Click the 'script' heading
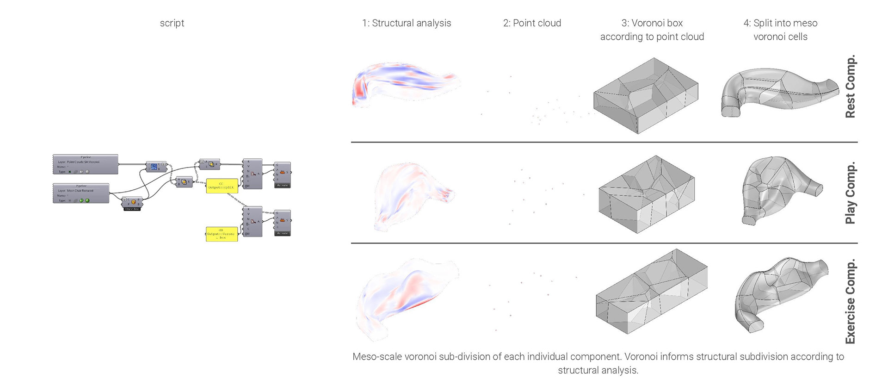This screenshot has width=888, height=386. (x=172, y=23)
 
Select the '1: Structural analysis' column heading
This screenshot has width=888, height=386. (x=406, y=23)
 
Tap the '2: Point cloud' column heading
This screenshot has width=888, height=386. (x=532, y=23)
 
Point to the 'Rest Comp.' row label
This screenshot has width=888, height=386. (x=850, y=87)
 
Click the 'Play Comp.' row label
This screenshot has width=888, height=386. (x=850, y=193)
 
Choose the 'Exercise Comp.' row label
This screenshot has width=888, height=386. (x=850, y=301)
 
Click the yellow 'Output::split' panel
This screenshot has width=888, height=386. (x=222, y=186)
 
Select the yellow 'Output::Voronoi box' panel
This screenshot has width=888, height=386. (x=222, y=234)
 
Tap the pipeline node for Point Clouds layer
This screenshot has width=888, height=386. (x=86, y=164)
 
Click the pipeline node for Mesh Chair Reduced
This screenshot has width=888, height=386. (x=81, y=193)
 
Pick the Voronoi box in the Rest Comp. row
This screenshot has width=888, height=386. (x=645, y=96)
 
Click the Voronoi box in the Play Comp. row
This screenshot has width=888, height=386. (x=646, y=194)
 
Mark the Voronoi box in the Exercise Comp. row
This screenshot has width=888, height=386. (x=651, y=292)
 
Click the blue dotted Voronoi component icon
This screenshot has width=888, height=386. (x=154, y=166)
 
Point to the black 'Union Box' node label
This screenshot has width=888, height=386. (x=132, y=209)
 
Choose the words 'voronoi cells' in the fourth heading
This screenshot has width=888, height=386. (x=780, y=37)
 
